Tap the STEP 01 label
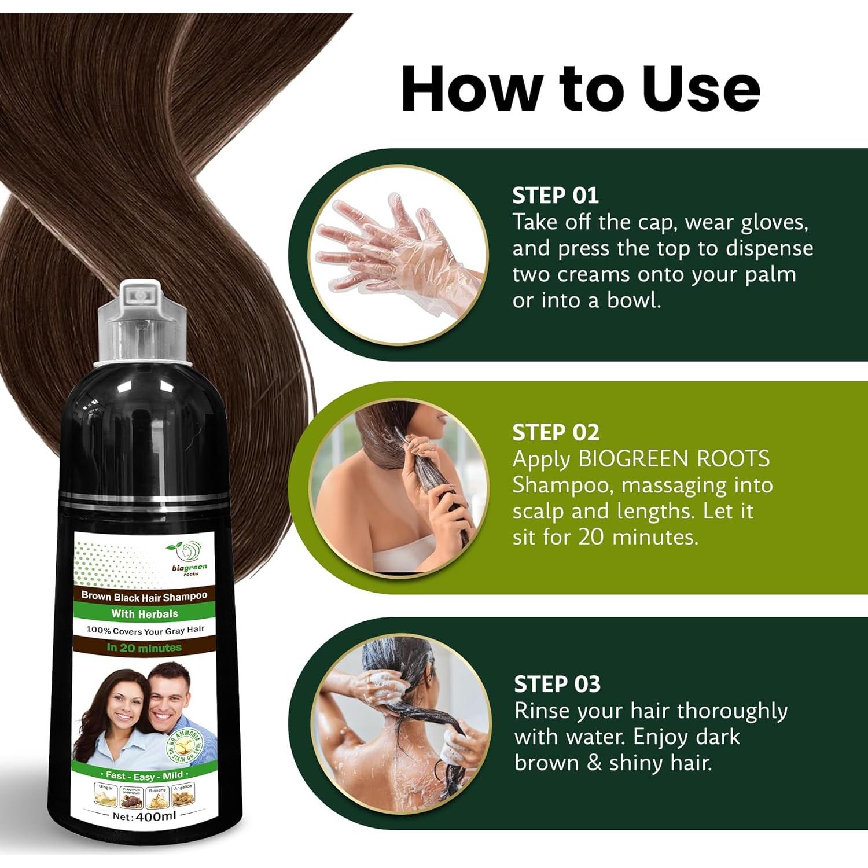click(x=555, y=196)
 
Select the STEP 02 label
click(x=556, y=432)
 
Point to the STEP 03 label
click(x=557, y=684)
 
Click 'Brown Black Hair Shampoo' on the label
click(x=144, y=596)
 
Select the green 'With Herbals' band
click(x=144, y=613)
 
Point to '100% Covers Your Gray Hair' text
click(x=145, y=630)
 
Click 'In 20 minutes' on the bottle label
click(x=144, y=648)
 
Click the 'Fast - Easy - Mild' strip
click(x=144, y=775)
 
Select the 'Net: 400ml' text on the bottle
click(x=144, y=816)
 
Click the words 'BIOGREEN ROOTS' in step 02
click(x=674, y=459)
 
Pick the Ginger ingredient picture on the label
click(x=106, y=796)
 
